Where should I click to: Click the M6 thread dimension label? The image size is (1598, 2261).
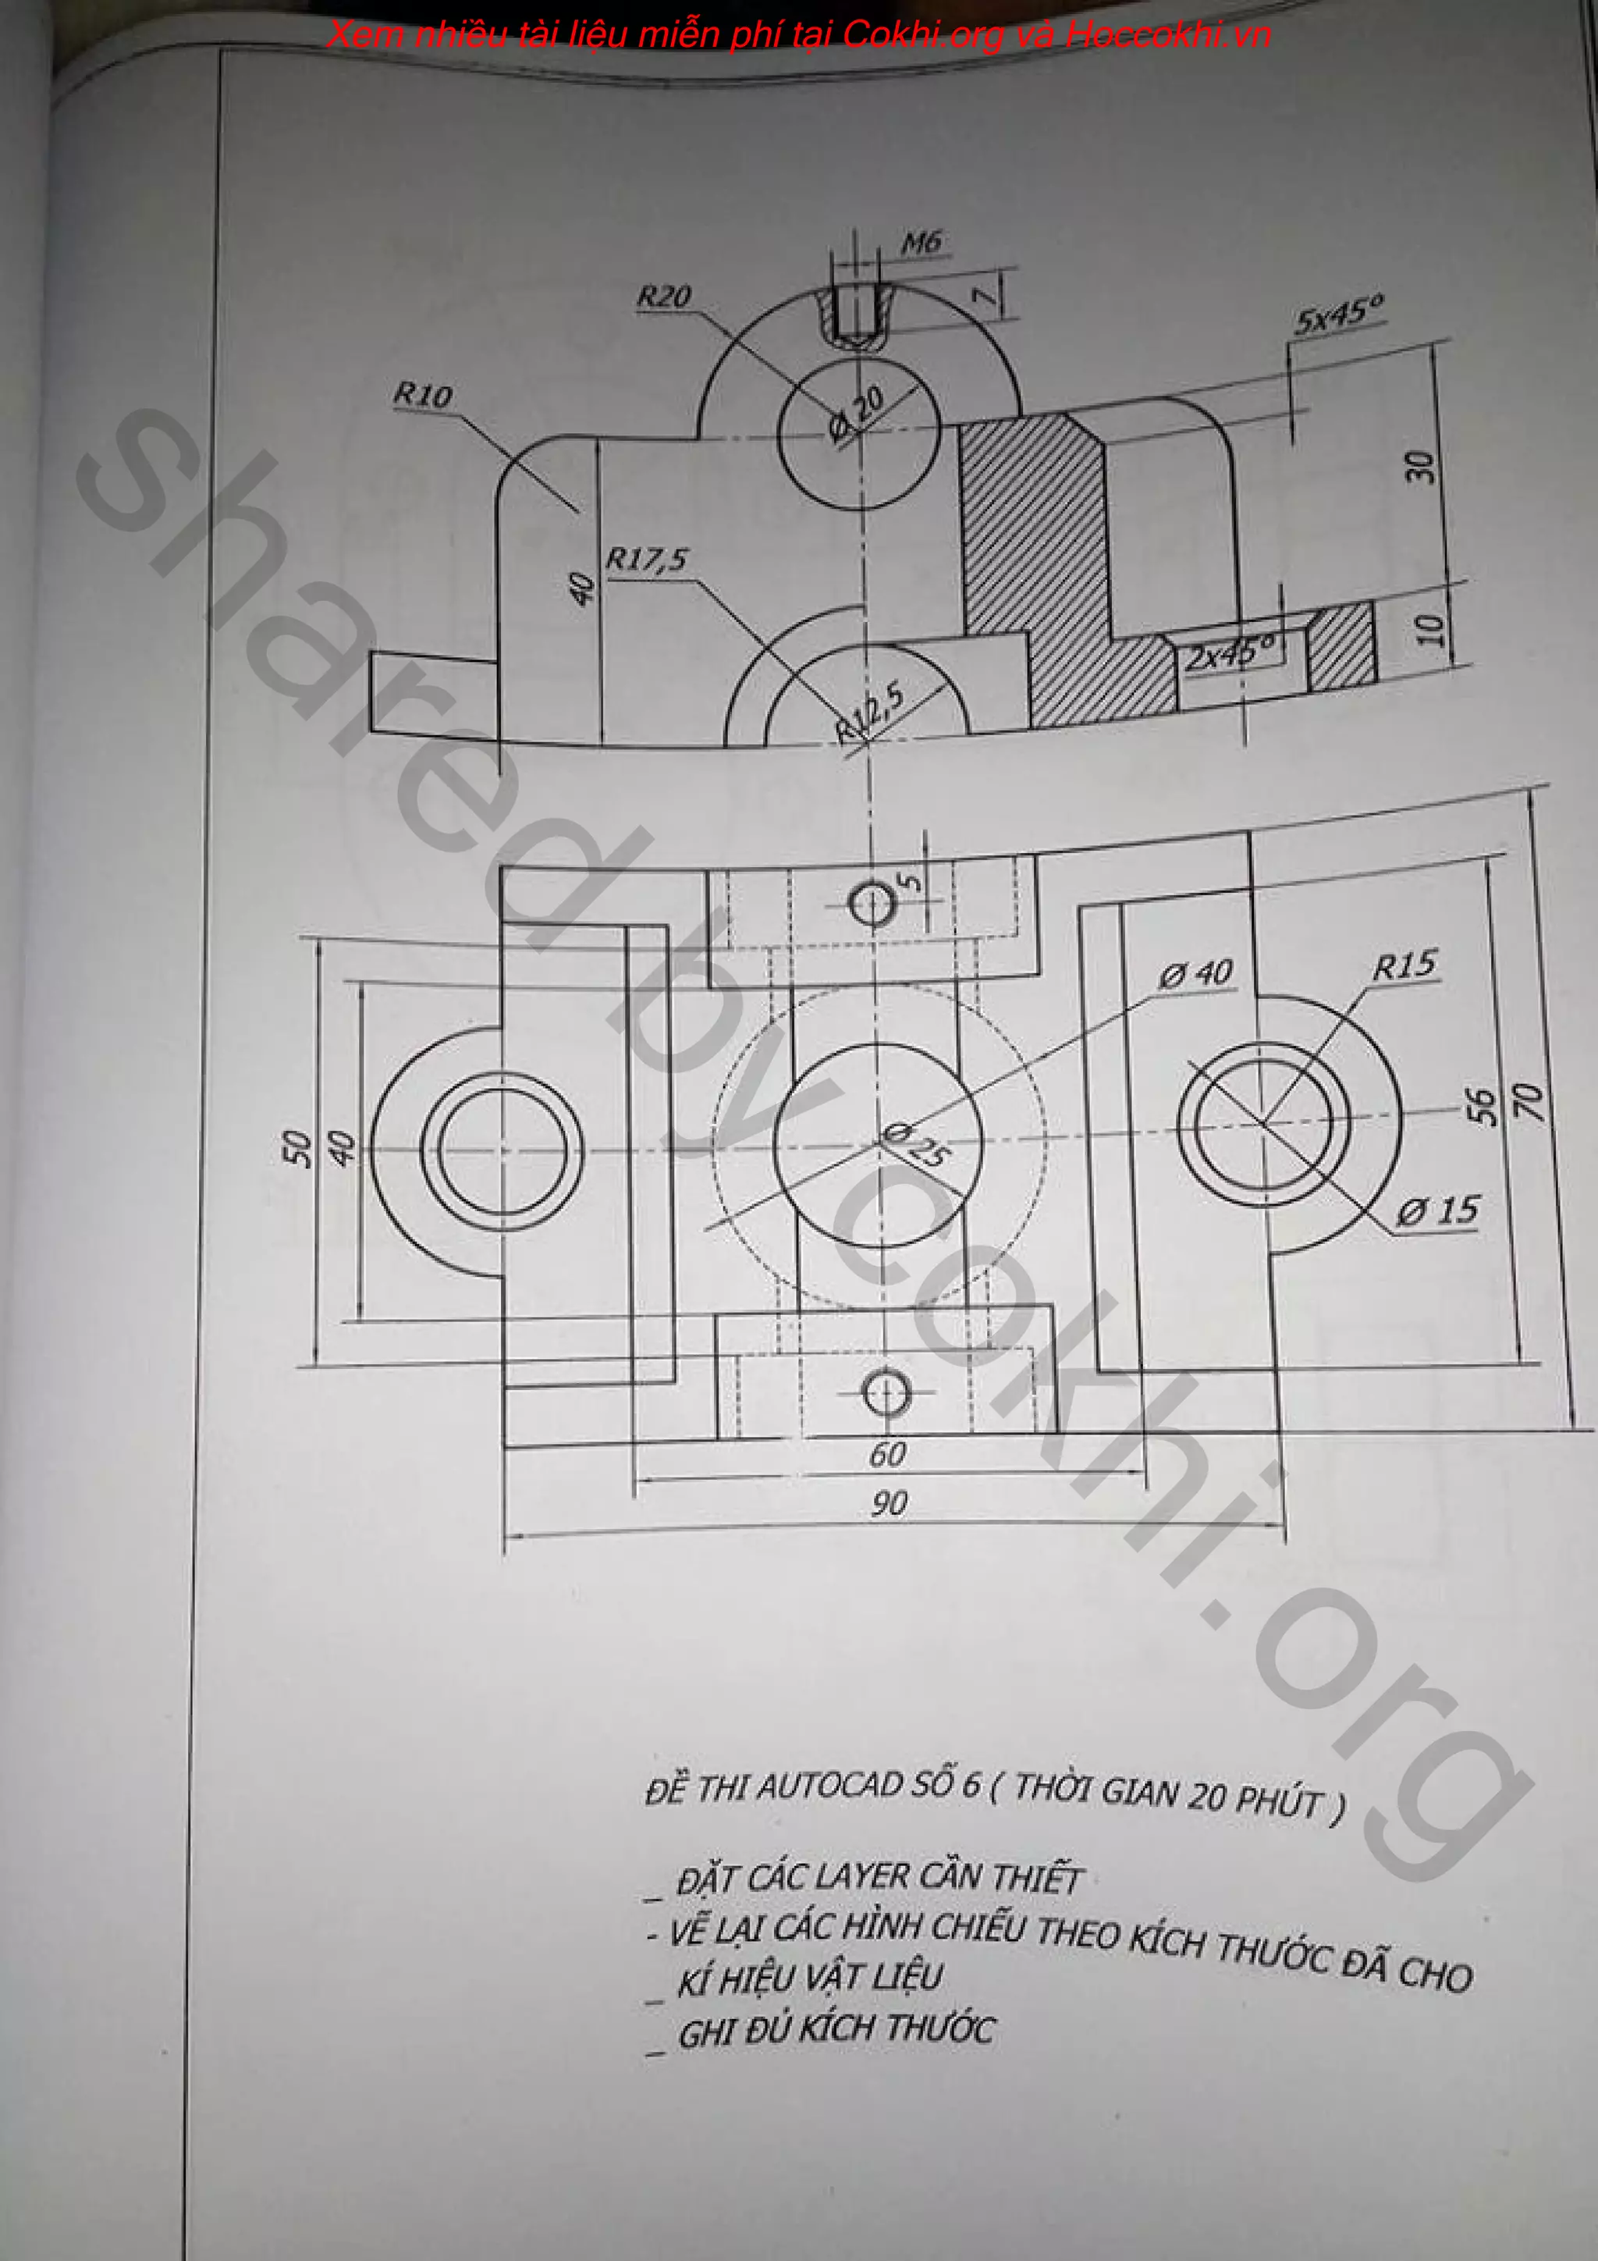click(x=922, y=242)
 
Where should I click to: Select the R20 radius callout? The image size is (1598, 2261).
click(x=663, y=297)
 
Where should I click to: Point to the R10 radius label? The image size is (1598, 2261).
click(x=422, y=396)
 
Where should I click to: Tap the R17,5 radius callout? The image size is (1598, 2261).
click(x=646, y=560)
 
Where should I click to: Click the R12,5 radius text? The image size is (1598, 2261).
click(x=869, y=712)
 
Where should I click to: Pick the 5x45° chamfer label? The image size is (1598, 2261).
click(x=1338, y=316)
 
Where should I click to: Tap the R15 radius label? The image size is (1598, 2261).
click(x=1405, y=965)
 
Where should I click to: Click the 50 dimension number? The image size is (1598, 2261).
click(x=297, y=1148)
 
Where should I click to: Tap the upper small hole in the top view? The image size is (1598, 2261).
click(x=872, y=902)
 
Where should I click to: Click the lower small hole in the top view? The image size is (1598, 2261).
click(x=886, y=1392)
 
